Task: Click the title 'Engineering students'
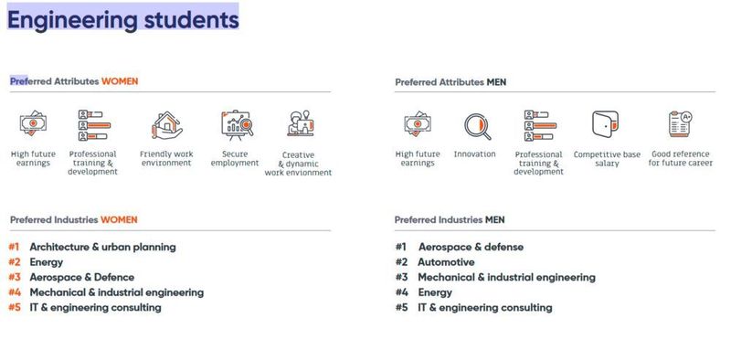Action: pos(123,17)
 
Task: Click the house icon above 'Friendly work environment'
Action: pos(165,123)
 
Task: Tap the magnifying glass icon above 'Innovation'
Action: pos(475,125)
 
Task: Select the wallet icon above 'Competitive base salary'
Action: pos(606,124)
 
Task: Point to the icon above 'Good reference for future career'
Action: pos(680,123)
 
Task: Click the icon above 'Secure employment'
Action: pos(235,123)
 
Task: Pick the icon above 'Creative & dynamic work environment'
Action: pos(298,124)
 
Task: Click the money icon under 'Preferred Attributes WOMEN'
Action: pos(33,122)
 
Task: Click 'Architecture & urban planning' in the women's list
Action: pos(102,247)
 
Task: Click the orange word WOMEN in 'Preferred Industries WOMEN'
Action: pos(119,219)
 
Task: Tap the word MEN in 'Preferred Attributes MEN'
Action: pos(496,82)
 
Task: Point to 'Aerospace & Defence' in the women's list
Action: pos(81,277)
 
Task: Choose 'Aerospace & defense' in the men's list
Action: pos(471,247)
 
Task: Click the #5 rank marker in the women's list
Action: pos(14,308)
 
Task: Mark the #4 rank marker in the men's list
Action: pos(401,292)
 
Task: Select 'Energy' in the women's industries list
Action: pos(46,262)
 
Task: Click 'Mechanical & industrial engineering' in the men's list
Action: pos(506,277)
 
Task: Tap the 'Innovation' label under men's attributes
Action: pos(474,154)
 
